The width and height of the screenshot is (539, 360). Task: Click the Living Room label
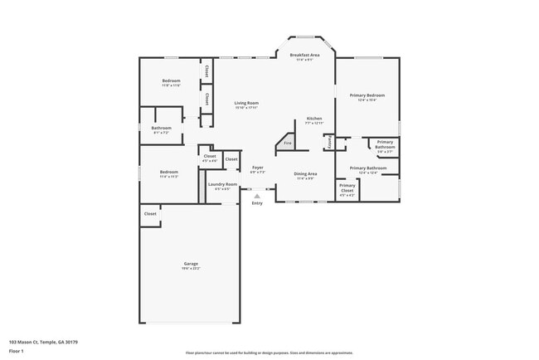246,103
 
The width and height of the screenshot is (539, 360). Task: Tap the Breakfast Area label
304,55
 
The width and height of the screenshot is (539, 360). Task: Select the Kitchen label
314,119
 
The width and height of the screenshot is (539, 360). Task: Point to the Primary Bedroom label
367,95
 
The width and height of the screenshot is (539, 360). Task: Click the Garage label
191,263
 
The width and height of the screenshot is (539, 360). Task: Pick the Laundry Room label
222,184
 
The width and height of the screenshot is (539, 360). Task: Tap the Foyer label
258,168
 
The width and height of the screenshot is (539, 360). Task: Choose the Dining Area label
305,173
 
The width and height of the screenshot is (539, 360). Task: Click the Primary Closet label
347,186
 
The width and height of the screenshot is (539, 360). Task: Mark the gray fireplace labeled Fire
288,143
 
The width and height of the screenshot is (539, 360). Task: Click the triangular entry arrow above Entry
256,196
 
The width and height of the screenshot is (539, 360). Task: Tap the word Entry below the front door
256,203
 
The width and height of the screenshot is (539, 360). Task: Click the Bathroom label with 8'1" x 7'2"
161,128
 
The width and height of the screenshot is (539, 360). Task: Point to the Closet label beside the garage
150,214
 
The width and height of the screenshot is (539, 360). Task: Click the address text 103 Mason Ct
36,341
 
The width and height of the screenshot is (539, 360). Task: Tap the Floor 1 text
17,351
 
